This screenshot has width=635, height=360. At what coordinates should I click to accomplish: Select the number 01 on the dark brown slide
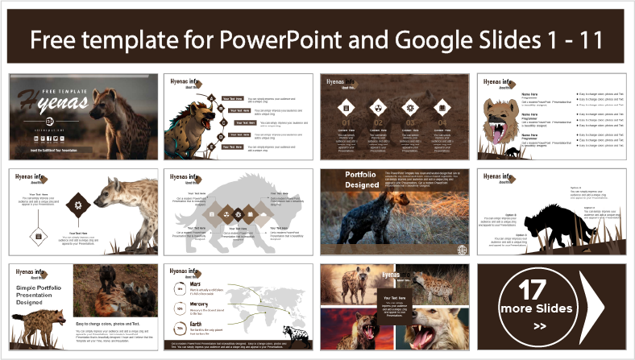(x=345, y=124)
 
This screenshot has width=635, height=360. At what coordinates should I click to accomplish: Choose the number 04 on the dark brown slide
(x=441, y=124)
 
